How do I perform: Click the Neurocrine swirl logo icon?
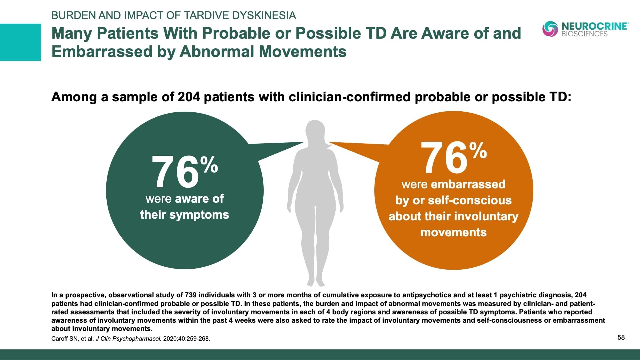point(550,29)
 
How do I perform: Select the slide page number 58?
point(621,337)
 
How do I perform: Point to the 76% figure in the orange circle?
point(453,157)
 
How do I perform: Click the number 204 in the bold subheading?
point(189,97)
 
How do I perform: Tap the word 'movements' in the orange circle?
point(453,232)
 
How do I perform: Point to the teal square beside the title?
point(20,42)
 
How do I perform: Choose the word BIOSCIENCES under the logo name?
point(584,34)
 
